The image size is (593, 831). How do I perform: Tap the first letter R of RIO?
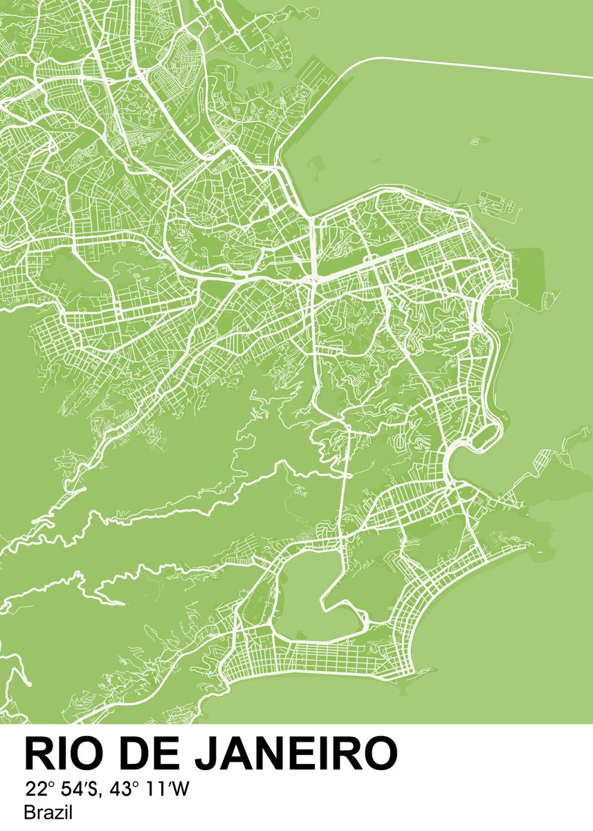point(39,753)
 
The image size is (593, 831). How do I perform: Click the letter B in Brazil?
point(28,812)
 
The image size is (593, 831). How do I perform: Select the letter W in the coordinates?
point(181,789)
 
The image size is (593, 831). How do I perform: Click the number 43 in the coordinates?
point(122,789)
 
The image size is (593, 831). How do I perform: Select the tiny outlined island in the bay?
point(476,141)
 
